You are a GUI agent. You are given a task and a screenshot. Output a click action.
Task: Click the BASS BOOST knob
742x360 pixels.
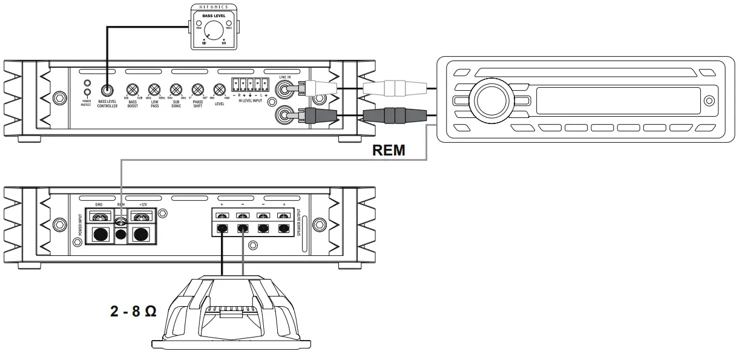coord(131,89)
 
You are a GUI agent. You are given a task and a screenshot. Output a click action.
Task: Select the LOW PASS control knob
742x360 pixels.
coord(154,89)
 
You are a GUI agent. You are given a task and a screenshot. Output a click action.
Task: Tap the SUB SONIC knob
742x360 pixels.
coord(176,89)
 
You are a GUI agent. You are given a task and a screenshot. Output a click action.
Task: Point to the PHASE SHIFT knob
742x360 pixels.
coord(197,89)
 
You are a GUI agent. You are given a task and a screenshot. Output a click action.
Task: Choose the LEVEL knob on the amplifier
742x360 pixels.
coord(219,89)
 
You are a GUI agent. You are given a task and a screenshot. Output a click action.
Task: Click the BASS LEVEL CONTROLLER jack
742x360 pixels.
coord(107,90)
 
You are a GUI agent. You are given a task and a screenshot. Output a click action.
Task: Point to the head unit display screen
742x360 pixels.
coord(618,99)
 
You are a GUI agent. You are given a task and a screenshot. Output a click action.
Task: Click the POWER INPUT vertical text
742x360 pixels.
coord(79,224)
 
